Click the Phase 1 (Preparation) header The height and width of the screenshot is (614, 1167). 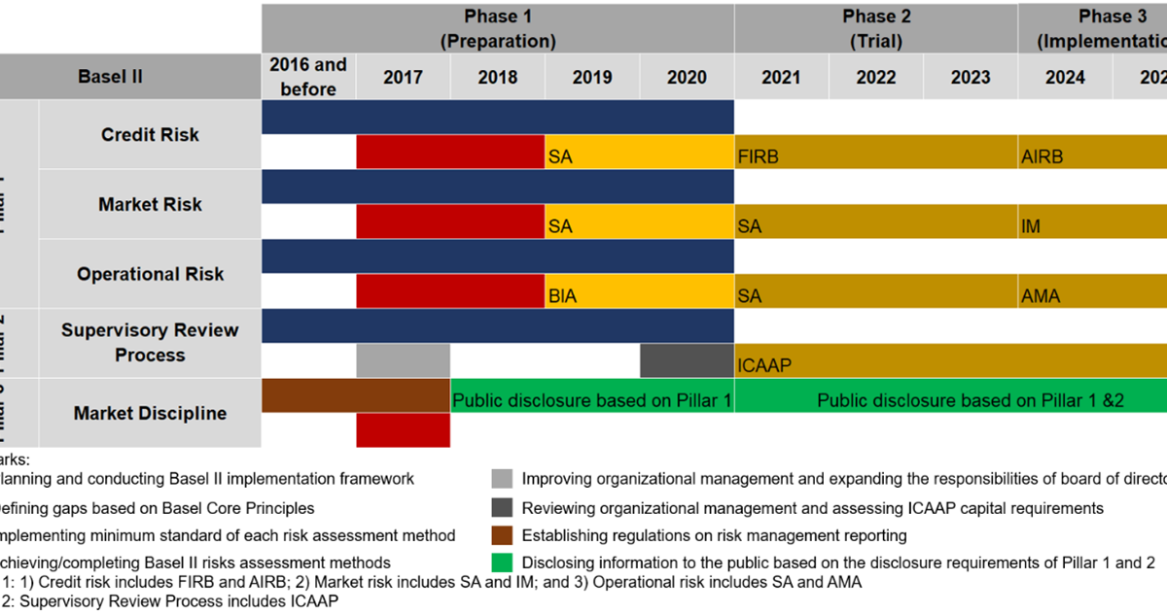tap(497, 28)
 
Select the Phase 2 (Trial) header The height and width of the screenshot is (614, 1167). tap(875, 28)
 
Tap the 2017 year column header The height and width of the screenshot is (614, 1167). tap(403, 77)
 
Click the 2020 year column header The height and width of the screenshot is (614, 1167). tap(687, 77)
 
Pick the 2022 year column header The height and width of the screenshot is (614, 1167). tap(875, 77)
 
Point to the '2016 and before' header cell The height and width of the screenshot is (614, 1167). tap(308, 77)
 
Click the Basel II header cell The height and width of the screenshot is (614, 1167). tap(110, 76)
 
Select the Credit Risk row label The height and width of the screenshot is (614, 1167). tap(150, 135)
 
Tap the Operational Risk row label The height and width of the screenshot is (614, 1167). tap(150, 274)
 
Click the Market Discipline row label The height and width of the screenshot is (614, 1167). tap(150, 413)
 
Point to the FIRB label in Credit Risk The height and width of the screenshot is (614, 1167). tap(759, 156)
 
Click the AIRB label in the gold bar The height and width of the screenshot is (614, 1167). tap(1042, 156)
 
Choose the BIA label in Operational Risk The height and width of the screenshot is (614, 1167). tap(562, 295)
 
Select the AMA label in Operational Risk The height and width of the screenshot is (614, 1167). tap(1041, 295)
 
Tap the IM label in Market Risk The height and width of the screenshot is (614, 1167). tap(1031, 226)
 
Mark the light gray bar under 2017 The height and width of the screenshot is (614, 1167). tap(403, 360)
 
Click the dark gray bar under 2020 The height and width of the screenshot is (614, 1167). tap(687, 360)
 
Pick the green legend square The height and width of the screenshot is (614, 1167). tap(502, 563)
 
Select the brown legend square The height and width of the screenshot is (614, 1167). tap(502, 534)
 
